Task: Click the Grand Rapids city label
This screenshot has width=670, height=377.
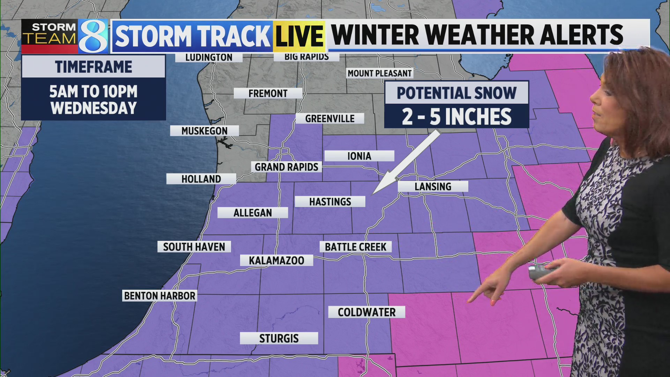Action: point(286,167)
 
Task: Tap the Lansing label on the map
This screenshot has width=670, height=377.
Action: point(433,186)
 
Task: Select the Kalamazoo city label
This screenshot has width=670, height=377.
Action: point(276,260)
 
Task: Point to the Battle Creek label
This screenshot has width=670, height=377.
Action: point(356,247)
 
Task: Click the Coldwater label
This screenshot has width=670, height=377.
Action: point(366,312)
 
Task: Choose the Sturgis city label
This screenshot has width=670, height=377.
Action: point(279,338)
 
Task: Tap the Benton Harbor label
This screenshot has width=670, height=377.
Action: point(159,296)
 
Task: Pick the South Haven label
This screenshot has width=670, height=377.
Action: point(194,247)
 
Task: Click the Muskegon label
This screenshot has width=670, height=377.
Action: point(204,131)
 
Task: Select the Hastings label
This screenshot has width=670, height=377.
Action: point(330,201)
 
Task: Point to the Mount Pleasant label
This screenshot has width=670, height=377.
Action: point(380,73)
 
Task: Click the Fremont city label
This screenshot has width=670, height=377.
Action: point(268,93)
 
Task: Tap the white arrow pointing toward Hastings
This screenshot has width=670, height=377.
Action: point(407,162)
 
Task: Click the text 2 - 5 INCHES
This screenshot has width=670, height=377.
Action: point(456,117)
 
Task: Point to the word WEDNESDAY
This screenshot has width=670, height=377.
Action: point(94,108)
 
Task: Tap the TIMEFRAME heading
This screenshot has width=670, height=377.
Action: point(94,67)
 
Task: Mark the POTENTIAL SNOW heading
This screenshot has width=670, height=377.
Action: point(456,93)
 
